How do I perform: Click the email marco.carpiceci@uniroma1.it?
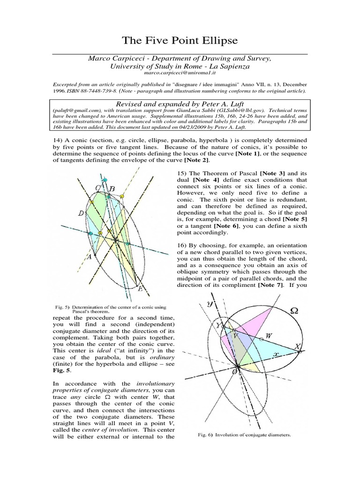180,74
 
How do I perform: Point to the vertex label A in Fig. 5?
89,256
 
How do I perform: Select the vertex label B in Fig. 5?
112,190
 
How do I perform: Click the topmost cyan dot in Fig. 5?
105,180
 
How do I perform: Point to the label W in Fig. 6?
269,336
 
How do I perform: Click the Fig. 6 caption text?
242,435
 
